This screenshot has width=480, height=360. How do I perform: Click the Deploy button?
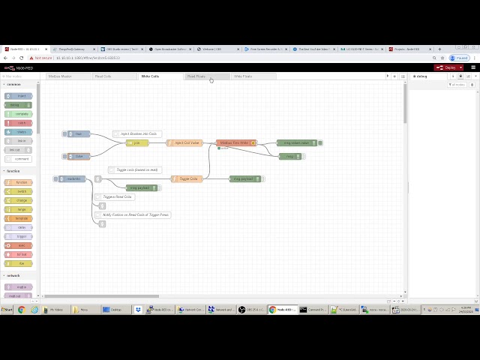point(448,67)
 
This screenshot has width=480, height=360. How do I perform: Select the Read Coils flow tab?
point(103,76)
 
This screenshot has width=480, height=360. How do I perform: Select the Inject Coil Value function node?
point(185,142)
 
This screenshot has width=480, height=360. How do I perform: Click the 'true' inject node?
point(78,134)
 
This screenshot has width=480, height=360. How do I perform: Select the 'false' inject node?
point(78,156)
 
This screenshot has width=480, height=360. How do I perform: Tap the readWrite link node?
point(73,178)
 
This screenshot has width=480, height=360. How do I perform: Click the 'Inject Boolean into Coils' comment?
point(138,133)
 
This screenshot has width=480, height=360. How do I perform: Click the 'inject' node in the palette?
point(19,96)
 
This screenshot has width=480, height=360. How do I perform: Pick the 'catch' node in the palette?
point(19,123)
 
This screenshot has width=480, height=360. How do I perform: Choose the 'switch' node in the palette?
point(19,191)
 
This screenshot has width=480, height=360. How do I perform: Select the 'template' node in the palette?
point(19,218)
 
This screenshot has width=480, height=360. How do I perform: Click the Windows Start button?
point(7,310)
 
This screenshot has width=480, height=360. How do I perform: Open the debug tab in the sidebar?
point(421,76)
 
